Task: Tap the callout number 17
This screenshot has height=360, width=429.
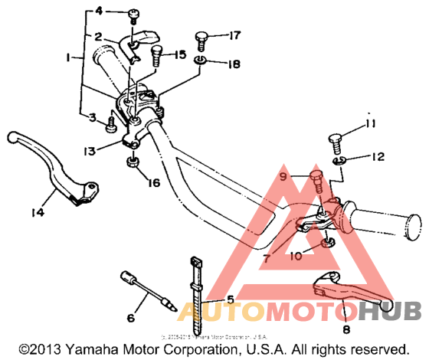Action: coord(234,34)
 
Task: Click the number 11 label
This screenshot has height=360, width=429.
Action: coord(370,124)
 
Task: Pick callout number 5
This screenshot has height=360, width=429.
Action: coord(228,299)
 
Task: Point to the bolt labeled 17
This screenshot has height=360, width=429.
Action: coord(204,40)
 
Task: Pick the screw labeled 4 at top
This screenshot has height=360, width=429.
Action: coord(135,15)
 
